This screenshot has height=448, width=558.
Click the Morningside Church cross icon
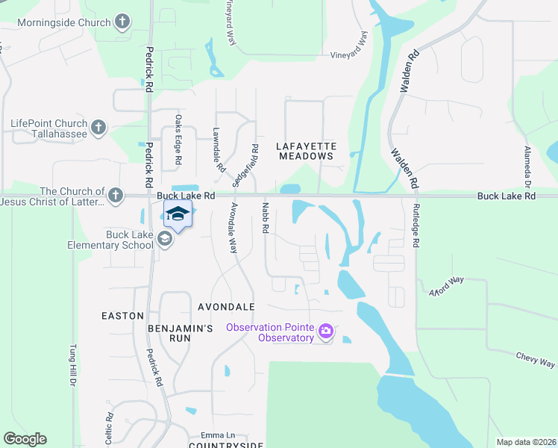(x=124, y=22)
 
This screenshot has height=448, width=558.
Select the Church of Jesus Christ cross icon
(x=115, y=196)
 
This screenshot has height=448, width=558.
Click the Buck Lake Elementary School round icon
(x=166, y=239)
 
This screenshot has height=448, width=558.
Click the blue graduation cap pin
(x=178, y=214)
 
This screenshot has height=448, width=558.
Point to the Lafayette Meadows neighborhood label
(x=306, y=151)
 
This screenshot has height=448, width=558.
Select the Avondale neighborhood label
(x=226, y=307)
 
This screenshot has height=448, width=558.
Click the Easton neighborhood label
(x=122, y=316)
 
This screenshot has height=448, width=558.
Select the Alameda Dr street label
(x=527, y=166)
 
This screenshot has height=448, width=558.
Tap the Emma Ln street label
(x=218, y=435)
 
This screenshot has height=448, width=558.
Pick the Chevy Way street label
(x=535, y=360)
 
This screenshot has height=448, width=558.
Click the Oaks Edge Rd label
(x=178, y=149)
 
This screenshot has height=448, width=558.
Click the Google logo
(x=25, y=439)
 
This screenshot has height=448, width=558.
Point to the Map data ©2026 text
(x=525, y=441)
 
